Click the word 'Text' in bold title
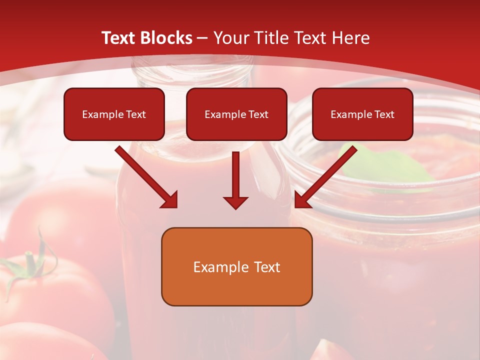tap(119, 38)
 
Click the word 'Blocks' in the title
tap(167, 38)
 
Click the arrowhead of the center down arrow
tap(236, 202)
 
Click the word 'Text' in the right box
tap(384, 114)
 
